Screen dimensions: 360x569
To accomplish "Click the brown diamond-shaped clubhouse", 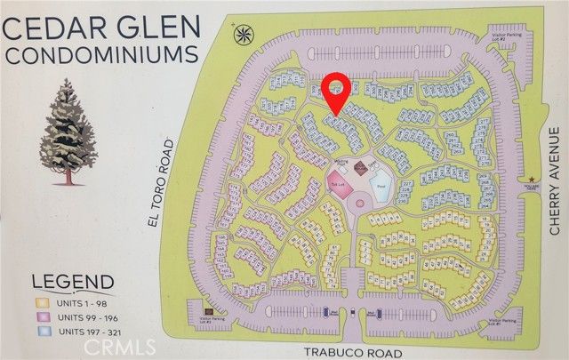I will click(x=361, y=168).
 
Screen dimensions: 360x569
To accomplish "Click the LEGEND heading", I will click(x=72, y=283).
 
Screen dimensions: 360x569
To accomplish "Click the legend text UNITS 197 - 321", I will click(x=89, y=331).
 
